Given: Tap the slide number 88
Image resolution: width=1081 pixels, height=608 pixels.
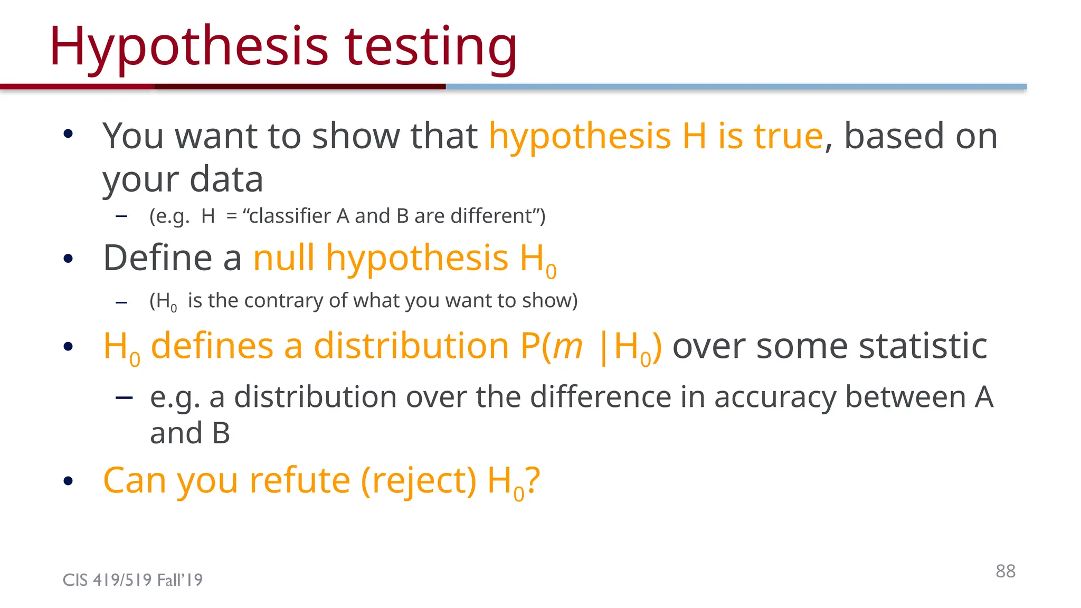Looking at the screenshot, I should pyautogui.click(x=1005, y=571).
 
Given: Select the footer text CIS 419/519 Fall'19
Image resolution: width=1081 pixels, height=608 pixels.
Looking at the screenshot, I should pyautogui.click(x=132, y=580).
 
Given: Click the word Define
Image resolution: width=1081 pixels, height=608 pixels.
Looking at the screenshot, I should pyautogui.click(x=158, y=258).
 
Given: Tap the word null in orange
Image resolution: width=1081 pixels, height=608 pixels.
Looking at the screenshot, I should pyautogui.click(x=284, y=258).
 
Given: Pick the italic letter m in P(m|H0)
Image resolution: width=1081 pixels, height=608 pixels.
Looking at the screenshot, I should pyautogui.click(x=567, y=347).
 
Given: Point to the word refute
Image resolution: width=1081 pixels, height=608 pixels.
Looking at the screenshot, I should pyautogui.click(x=299, y=481).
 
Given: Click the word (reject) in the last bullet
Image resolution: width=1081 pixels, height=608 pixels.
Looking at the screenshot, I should pyautogui.click(x=419, y=481).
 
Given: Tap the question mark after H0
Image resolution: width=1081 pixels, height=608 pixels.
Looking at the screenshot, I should pyautogui.click(x=533, y=480).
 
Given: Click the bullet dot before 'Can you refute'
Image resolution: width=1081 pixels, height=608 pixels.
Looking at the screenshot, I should pyautogui.click(x=68, y=481).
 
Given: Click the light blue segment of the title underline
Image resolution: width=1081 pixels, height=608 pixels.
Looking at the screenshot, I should pyautogui.click(x=736, y=87).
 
